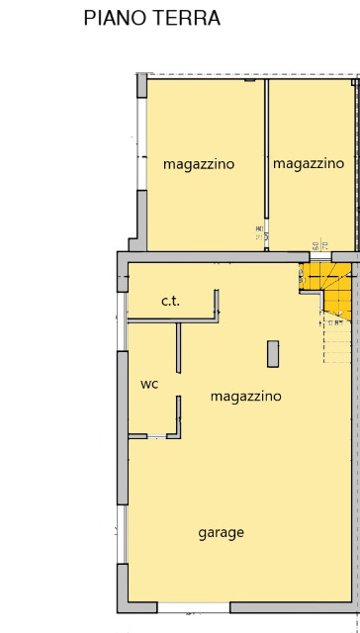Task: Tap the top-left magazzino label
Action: click(199, 164)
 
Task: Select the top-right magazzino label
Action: click(309, 163)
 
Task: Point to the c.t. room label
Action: click(171, 301)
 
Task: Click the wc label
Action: click(149, 384)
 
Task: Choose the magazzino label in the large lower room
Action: click(246, 396)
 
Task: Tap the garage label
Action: click(221, 532)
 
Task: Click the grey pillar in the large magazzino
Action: click(272, 353)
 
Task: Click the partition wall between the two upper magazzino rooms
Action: click(265, 158)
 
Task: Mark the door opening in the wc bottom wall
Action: click(156, 436)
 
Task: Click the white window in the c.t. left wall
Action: click(123, 301)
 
